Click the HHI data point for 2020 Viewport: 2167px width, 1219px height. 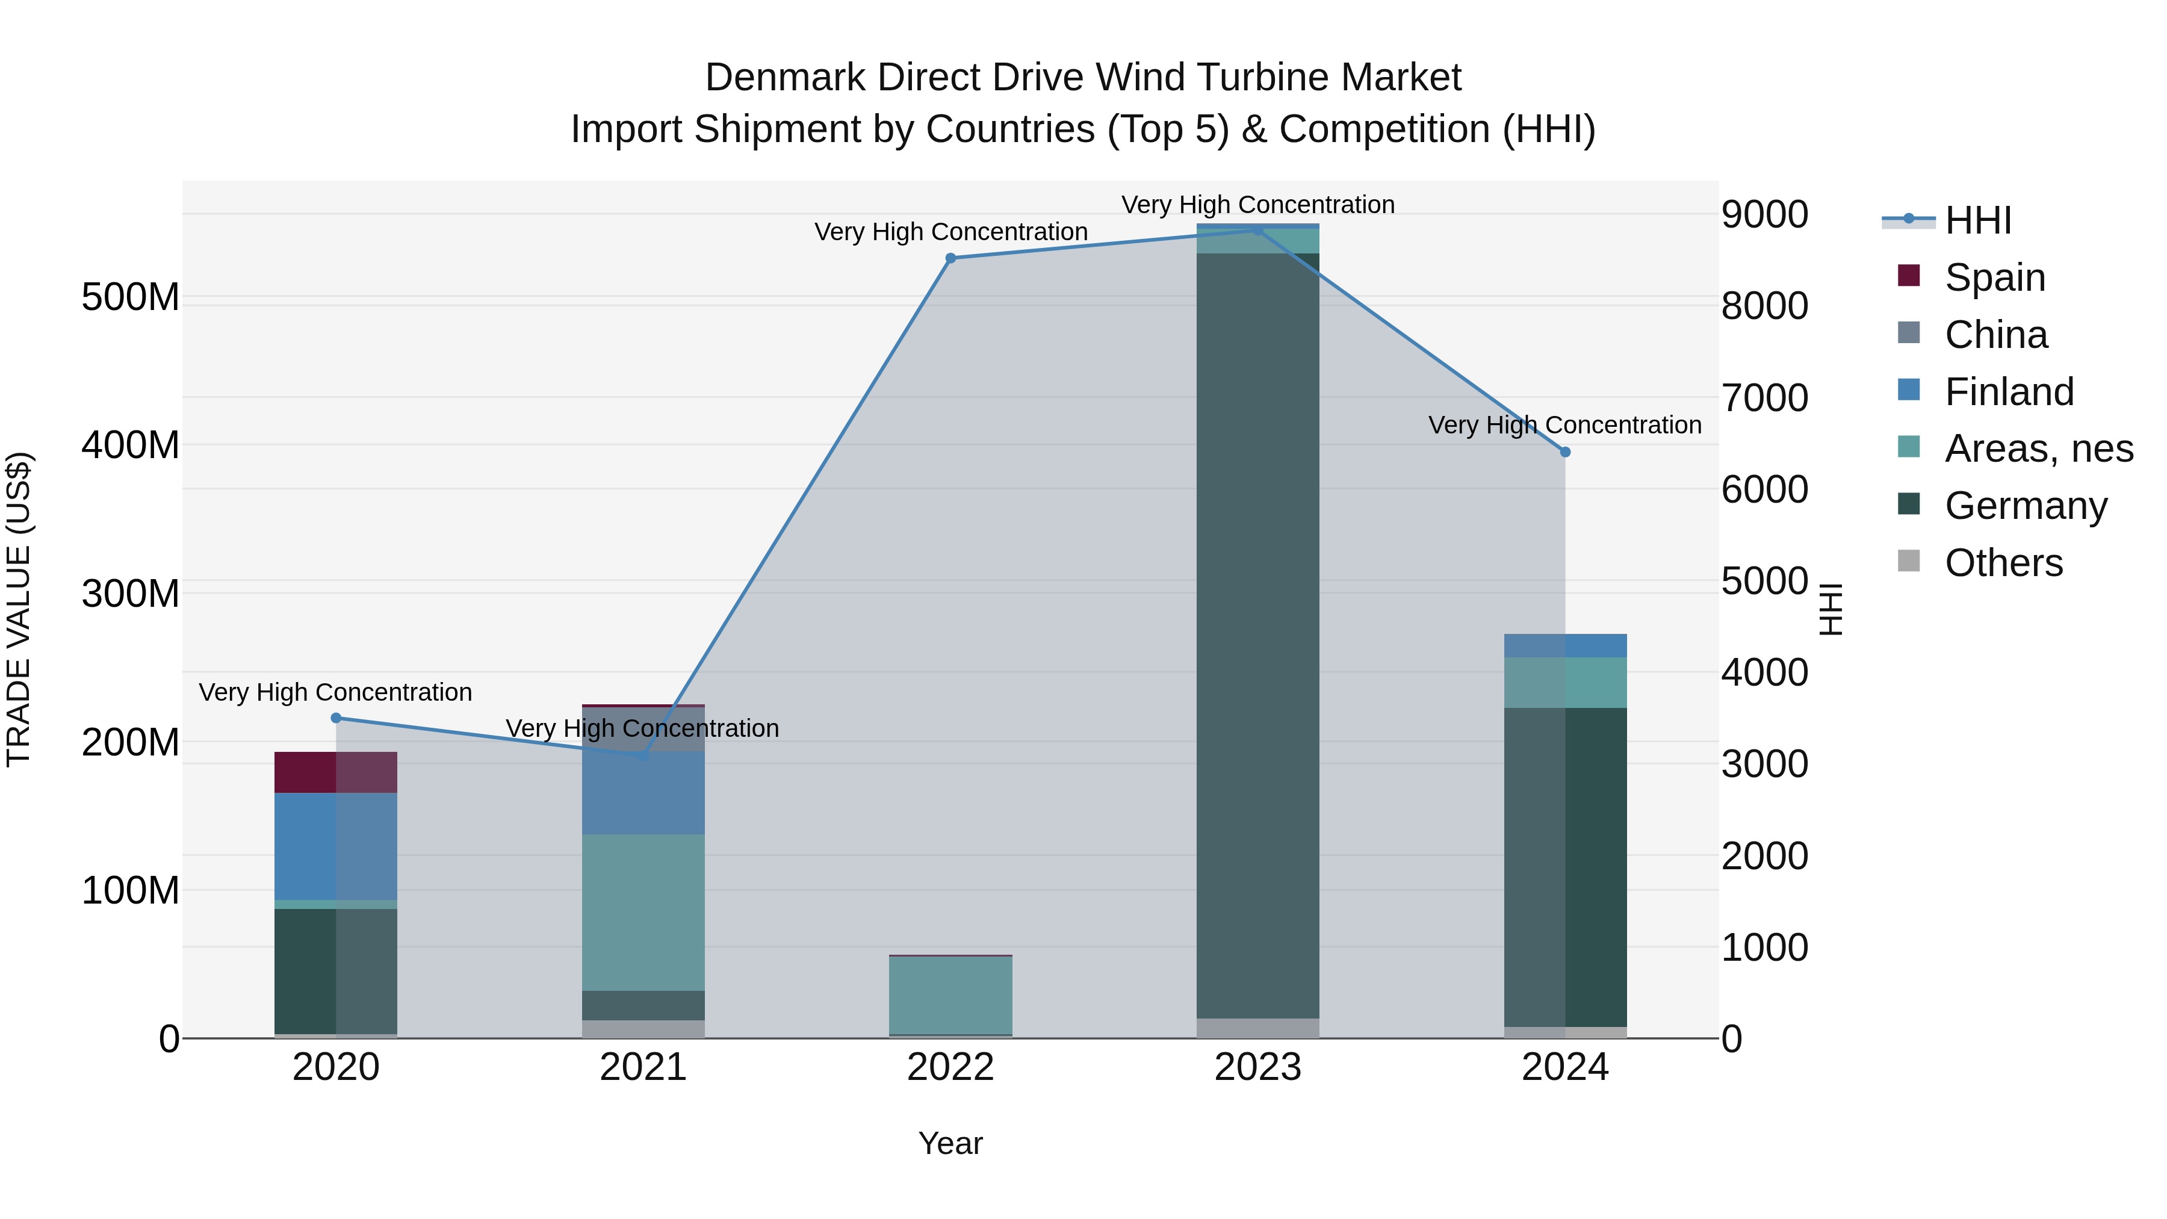[x=336, y=718]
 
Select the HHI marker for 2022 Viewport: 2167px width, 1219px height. [x=950, y=258]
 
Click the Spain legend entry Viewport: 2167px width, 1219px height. [x=1995, y=277]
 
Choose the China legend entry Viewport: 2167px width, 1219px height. [x=1995, y=334]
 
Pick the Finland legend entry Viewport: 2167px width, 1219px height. [x=2009, y=391]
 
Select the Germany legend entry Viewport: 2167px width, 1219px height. [x=2026, y=506]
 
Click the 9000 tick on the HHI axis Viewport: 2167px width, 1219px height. [x=1764, y=214]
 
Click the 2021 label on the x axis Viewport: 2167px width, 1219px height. [x=643, y=1067]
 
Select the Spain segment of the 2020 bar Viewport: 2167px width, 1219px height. [x=336, y=772]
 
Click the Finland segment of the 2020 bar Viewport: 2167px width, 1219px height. [x=336, y=846]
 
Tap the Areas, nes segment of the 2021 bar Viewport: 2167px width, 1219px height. [x=643, y=912]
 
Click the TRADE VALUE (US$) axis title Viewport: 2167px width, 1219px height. [x=19, y=609]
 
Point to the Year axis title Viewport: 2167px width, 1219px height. [x=950, y=1143]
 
